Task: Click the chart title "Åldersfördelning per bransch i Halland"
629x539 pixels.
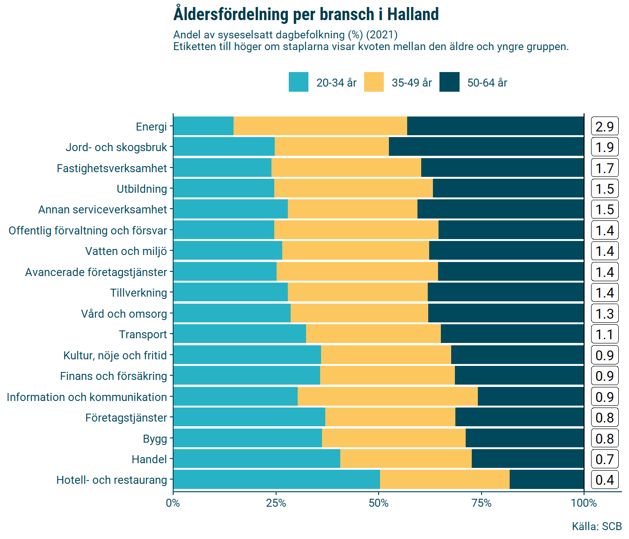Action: [x=306, y=14]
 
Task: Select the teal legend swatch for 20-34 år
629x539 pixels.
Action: [x=298, y=82]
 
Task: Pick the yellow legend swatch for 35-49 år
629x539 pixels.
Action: [x=373, y=82]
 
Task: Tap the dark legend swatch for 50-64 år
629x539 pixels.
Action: [x=449, y=82]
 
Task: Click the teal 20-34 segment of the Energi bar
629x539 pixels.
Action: [x=203, y=126]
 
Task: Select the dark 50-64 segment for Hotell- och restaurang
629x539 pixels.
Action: [x=547, y=480]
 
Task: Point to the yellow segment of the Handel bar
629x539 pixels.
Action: [x=406, y=459]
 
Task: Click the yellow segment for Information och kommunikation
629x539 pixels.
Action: [x=388, y=397]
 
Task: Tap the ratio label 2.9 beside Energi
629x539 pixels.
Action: [x=605, y=126]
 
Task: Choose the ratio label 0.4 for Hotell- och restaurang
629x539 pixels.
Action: [x=605, y=480]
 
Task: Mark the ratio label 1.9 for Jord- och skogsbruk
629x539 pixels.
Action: [x=605, y=147]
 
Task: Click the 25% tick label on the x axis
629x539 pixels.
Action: [x=276, y=503]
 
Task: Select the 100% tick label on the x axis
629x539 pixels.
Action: [x=584, y=503]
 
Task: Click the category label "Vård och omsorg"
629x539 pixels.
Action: [x=124, y=313]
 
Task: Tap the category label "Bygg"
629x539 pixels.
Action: [x=155, y=438]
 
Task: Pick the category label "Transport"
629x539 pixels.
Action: [x=143, y=335]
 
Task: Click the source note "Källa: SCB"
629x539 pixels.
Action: [x=597, y=526]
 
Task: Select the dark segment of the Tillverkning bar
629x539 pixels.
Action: [x=505, y=293]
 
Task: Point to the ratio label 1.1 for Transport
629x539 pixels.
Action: [x=605, y=335]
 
